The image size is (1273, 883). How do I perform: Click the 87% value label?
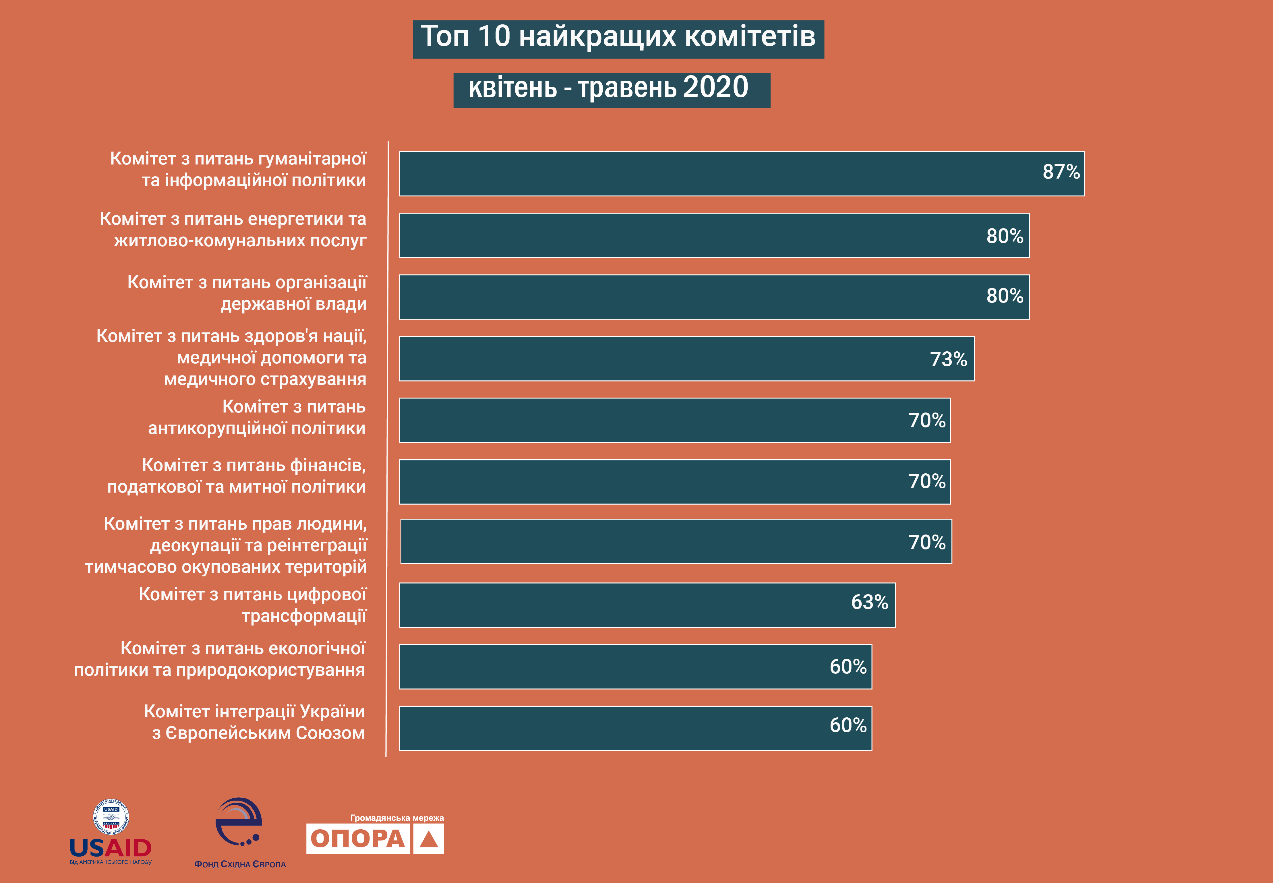click(x=1061, y=172)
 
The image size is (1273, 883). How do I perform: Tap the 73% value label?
click(x=948, y=360)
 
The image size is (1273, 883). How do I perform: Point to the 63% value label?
click(x=869, y=602)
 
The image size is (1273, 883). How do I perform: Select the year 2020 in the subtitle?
click(x=715, y=88)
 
